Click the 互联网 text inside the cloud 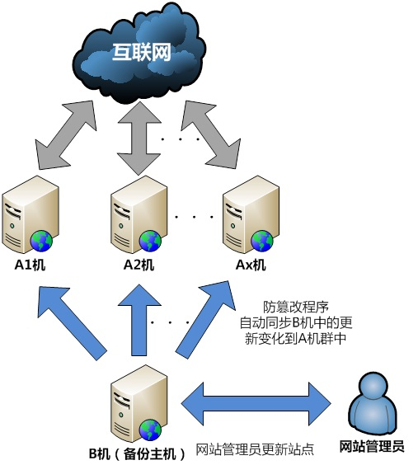(x=142, y=52)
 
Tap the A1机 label (x=30, y=265)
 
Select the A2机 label (x=139, y=265)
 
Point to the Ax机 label (x=251, y=265)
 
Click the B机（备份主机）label (x=137, y=453)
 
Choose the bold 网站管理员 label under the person (x=372, y=446)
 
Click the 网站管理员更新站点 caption (x=255, y=449)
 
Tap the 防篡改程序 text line (x=295, y=308)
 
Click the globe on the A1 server (x=41, y=242)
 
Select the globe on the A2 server (x=150, y=242)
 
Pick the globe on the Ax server (x=262, y=242)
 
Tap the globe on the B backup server (x=151, y=430)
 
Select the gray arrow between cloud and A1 (x=66, y=135)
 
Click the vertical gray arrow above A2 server (x=139, y=138)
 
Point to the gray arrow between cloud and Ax (x=211, y=135)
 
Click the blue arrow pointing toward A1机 (x=72, y=323)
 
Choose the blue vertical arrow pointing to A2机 (x=139, y=320)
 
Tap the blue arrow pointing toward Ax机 (x=206, y=320)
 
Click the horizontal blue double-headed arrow (x=256, y=404)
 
